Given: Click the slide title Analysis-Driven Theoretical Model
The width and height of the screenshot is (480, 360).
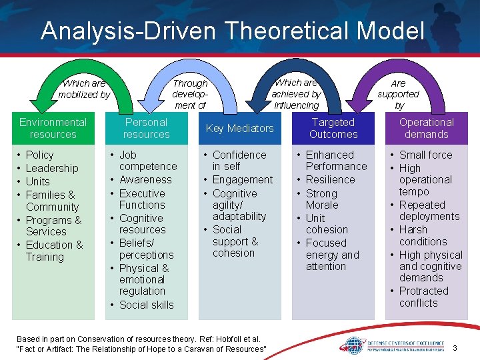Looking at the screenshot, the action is click(x=232, y=31).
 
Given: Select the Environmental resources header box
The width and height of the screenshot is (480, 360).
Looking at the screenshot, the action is click(x=53, y=128).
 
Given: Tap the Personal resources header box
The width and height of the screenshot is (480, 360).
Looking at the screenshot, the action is click(x=147, y=128).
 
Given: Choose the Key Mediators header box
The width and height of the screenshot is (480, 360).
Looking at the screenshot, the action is click(x=240, y=128).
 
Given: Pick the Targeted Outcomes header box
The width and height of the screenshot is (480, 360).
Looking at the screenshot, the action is click(x=333, y=128).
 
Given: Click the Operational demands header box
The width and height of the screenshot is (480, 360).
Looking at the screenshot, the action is click(x=427, y=128).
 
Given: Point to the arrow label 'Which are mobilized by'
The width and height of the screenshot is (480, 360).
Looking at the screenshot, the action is click(x=84, y=89).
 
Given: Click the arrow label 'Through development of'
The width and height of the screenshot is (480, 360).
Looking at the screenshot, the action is click(x=190, y=94).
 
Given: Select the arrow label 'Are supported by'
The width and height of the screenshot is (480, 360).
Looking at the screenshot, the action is click(x=399, y=94).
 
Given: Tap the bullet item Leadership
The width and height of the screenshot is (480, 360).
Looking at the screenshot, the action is click(x=52, y=168).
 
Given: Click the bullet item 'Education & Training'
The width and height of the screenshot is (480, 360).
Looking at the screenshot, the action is click(x=54, y=251).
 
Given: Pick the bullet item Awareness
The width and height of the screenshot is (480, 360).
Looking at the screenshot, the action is click(x=145, y=179).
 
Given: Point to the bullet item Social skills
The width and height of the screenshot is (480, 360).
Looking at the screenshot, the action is click(x=146, y=305).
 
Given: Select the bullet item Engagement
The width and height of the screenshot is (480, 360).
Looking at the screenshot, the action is click(x=243, y=179).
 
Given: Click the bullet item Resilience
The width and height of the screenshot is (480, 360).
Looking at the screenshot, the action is click(x=331, y=179).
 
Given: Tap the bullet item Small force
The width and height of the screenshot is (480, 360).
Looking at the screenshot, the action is click(x=425, y=155).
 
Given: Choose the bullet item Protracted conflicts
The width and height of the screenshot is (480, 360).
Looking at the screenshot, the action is click(x=423, y=297).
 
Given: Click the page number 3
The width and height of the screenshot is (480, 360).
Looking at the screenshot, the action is click(x=455, y=348).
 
